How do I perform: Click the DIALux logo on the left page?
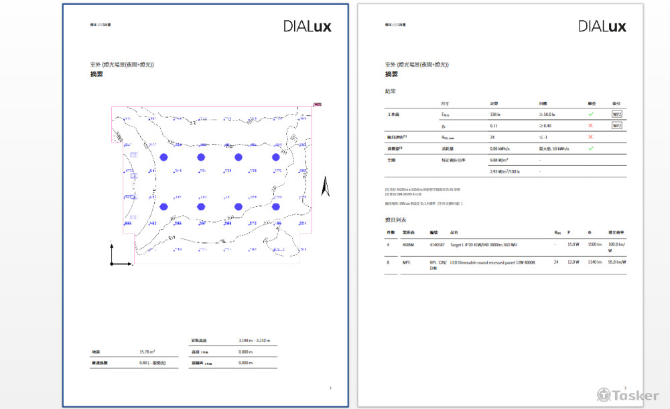(x=307, y=27)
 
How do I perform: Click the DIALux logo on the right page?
(x=602, y=27)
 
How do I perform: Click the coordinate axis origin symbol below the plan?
(x=113, y=263)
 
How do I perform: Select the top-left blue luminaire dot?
(x=163, y=157)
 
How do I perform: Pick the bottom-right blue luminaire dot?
(x=275, y=208)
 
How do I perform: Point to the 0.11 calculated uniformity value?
(x=494, y=126)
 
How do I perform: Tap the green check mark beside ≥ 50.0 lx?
(x=591, y=114)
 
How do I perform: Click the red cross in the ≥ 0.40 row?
(x=591, y=126)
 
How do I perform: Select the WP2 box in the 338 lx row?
(x=616, y=114)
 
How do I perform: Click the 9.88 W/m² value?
(x=499, y=160)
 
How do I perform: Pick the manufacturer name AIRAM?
(x=409, y=244)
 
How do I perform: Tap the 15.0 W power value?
(x=573, y=244)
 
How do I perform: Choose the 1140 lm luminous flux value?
(x=593, y=263)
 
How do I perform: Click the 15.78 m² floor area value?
(x=147, y=351)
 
